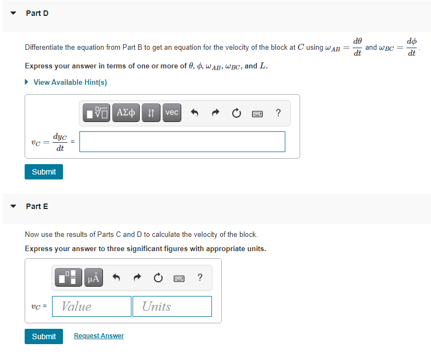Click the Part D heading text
37,13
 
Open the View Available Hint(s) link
70,82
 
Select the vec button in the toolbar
172,113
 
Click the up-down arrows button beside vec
151,113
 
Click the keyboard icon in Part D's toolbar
256,113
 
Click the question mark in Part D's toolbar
278,113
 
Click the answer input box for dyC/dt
182,142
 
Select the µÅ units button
94,278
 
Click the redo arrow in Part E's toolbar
136,278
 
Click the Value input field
92,306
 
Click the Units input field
172,306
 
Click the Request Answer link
99,336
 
